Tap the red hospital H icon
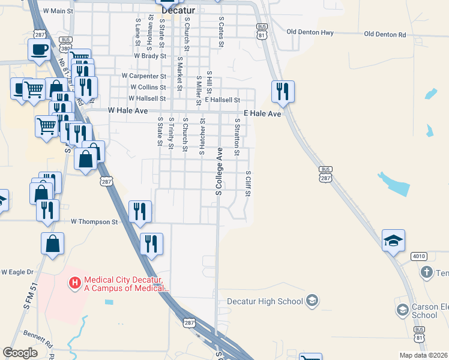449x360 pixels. (x=75, y=281)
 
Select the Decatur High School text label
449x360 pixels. (x=266, y=301)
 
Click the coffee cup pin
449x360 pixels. (x=39, y=49)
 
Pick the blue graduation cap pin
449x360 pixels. (x=394, y=241)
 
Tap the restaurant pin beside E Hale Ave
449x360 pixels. (x=283, y=92)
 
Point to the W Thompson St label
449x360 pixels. (x=95, y=222)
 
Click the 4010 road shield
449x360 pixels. (x=419, y=257)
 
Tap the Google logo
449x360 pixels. (x=20, y=353)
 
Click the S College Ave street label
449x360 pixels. (x=219, y=171)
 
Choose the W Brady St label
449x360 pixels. (x=150, y=55)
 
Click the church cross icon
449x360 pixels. (x=426, y=273)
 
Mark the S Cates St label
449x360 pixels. (x=221, y=28)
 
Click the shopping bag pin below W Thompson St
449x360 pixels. (x=53, y=244)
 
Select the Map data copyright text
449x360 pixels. (x=423, y=355)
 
